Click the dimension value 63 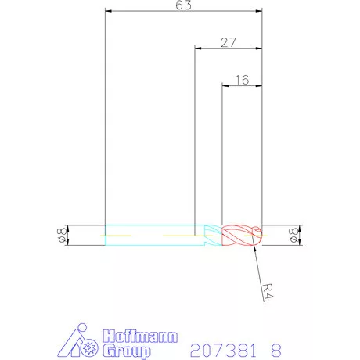pos(183,5)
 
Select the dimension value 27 pos(229,42)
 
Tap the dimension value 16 pos(242,80)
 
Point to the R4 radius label pos(268,292)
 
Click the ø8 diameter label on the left pos(62,235)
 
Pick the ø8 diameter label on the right pos(293,235)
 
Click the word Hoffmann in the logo pos(140,336)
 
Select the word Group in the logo pos(127,351)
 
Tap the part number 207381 pos(223,351)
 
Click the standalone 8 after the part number pos(276,351)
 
